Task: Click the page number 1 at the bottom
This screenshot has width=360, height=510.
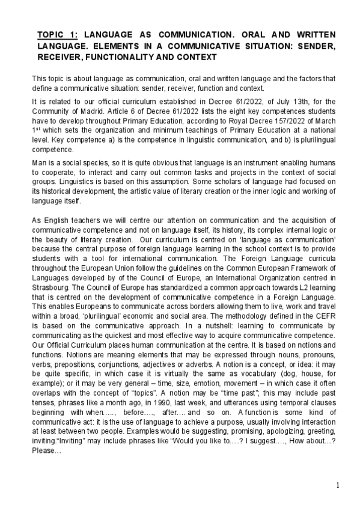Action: coord(338,485)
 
